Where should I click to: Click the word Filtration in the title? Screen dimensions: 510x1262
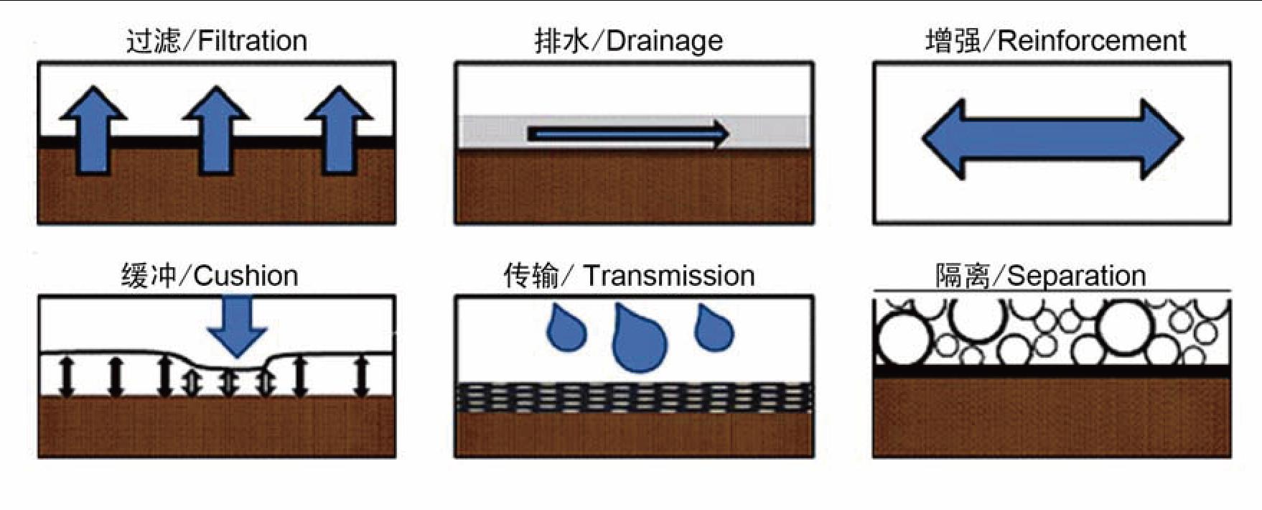pyautogui.click(x=252, y=41)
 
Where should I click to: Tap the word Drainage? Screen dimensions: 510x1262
pyautogui.click(x=664, y=41)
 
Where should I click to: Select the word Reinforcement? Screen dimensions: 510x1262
pyautogui.click(x=1091, y=41)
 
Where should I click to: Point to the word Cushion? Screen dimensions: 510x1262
pyautogui.click(x=246, y=276)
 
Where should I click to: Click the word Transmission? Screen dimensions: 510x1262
pyautogui.click(x=668, y=276)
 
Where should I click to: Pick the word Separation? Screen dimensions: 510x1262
pyautogui.click(x=1076, y=276)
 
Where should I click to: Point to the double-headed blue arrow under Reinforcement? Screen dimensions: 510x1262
pyautogui.click(x=1052, y=139)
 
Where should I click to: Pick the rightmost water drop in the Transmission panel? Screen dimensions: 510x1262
pyautogui.click(x=714, y=329)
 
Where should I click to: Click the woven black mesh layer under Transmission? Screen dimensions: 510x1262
pyautogui.click(x=635, y=398)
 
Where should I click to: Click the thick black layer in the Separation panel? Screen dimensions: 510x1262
pyautogui.click(x=1052, y=371)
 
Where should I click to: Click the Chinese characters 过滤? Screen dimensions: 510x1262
pyautogui.click(x=153, y=41)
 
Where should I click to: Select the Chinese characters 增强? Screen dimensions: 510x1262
pyautogui.click(x=953, y=41)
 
